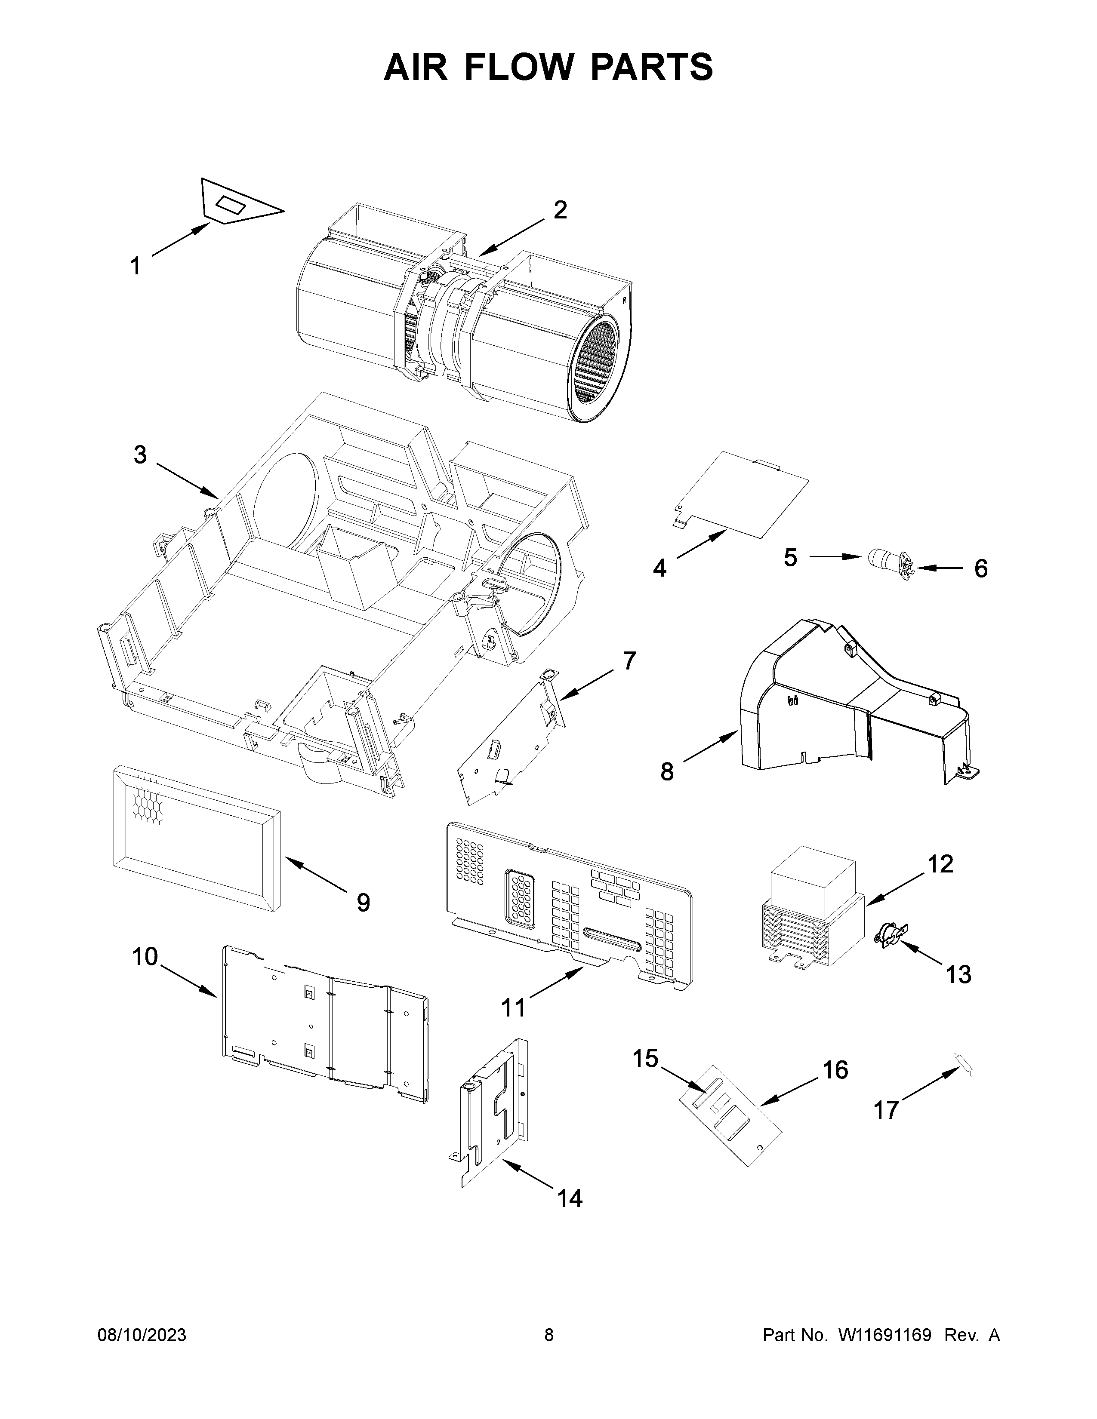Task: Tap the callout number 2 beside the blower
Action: click(560, 210)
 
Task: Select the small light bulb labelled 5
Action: click(882, 557)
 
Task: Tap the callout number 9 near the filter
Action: click(363, 903)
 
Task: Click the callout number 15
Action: click(645, 1058)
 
